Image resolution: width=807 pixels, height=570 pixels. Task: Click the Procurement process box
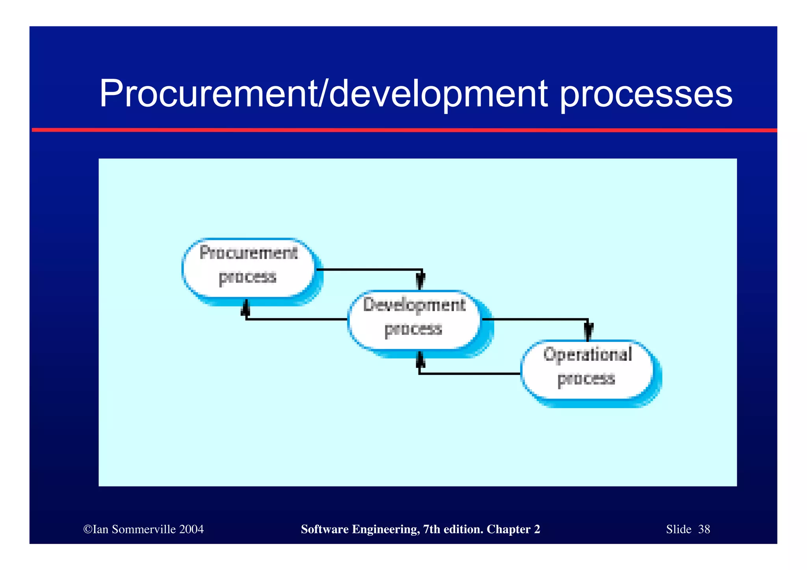(x=248, y=268)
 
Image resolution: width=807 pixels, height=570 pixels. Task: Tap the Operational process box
(x=587, y=369)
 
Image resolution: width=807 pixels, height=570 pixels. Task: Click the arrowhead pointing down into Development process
(x=420, y=282)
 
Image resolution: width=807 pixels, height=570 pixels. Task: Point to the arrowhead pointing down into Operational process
(x=588, y=332)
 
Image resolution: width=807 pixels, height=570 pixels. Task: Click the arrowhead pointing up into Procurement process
(x=245, y=308)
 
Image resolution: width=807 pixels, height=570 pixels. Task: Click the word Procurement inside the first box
(x=248, y=253)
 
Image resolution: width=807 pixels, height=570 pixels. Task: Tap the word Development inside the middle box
(x=414, y=305)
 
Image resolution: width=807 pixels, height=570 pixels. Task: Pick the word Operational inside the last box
(x=588, y=354)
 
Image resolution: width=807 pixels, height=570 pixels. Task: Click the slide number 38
(x=704, y=529)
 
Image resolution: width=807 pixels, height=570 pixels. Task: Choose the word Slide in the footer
(x=679, y=529)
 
